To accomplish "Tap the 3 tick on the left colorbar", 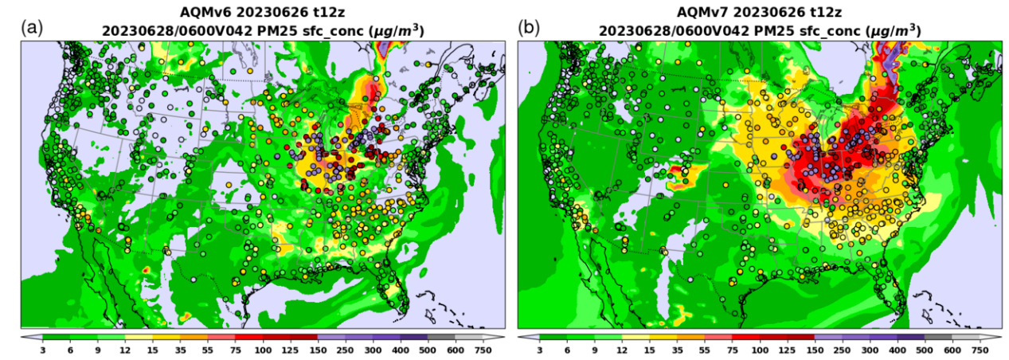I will tap(42, 350).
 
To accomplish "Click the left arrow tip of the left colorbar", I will tap(23, 338).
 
